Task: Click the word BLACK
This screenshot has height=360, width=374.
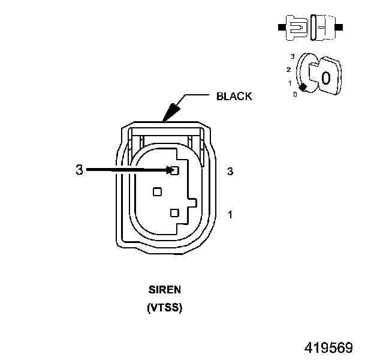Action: tap(234, 96)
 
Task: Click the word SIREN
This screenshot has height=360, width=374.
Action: tap(165, 290)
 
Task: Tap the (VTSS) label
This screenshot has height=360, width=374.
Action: tap(165, 307)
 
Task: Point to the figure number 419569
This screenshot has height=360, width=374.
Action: tap(328, 347)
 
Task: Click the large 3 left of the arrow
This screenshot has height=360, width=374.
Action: tap(80, 170)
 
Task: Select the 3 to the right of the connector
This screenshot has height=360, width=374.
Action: tap(230, 172)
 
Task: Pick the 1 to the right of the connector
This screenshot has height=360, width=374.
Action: tap(230, 215)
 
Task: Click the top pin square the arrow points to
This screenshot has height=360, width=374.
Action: tap(175, 170)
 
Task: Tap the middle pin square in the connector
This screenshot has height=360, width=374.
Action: tap(157, 192)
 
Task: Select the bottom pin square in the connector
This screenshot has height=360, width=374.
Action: tap(174, 213)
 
